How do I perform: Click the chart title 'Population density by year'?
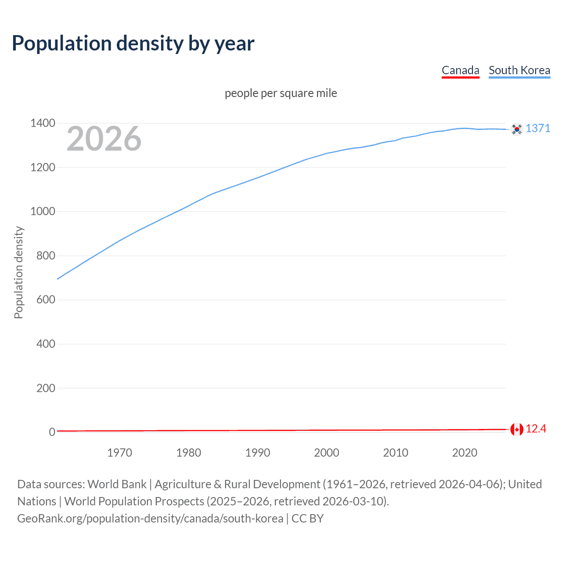click(133, 43)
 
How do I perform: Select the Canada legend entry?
click(460, 70)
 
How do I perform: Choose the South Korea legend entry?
click(519, 70)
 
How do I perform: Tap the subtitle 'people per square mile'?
click(281, 93)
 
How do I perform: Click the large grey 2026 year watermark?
click(104, 139)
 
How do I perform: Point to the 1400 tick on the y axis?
click(43, 123)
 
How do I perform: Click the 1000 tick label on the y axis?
click(43, 212)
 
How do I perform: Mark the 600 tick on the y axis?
click(46, 300)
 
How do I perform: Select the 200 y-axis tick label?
click(46, 388)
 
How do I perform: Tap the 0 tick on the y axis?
click(52, 432)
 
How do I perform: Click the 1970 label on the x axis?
click(119, 453)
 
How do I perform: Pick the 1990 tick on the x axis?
click(258, 453)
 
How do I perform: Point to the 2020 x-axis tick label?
click(465, 453)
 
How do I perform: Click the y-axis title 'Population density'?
click(18, 272)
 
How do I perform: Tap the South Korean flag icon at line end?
click(517, 129)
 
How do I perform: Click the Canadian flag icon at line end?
click(517, 429)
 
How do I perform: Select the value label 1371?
click(538, 128)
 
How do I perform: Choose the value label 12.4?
click(536, 429)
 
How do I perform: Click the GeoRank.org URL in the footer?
click(150, 519)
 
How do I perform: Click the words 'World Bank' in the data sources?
click(117, 484)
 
